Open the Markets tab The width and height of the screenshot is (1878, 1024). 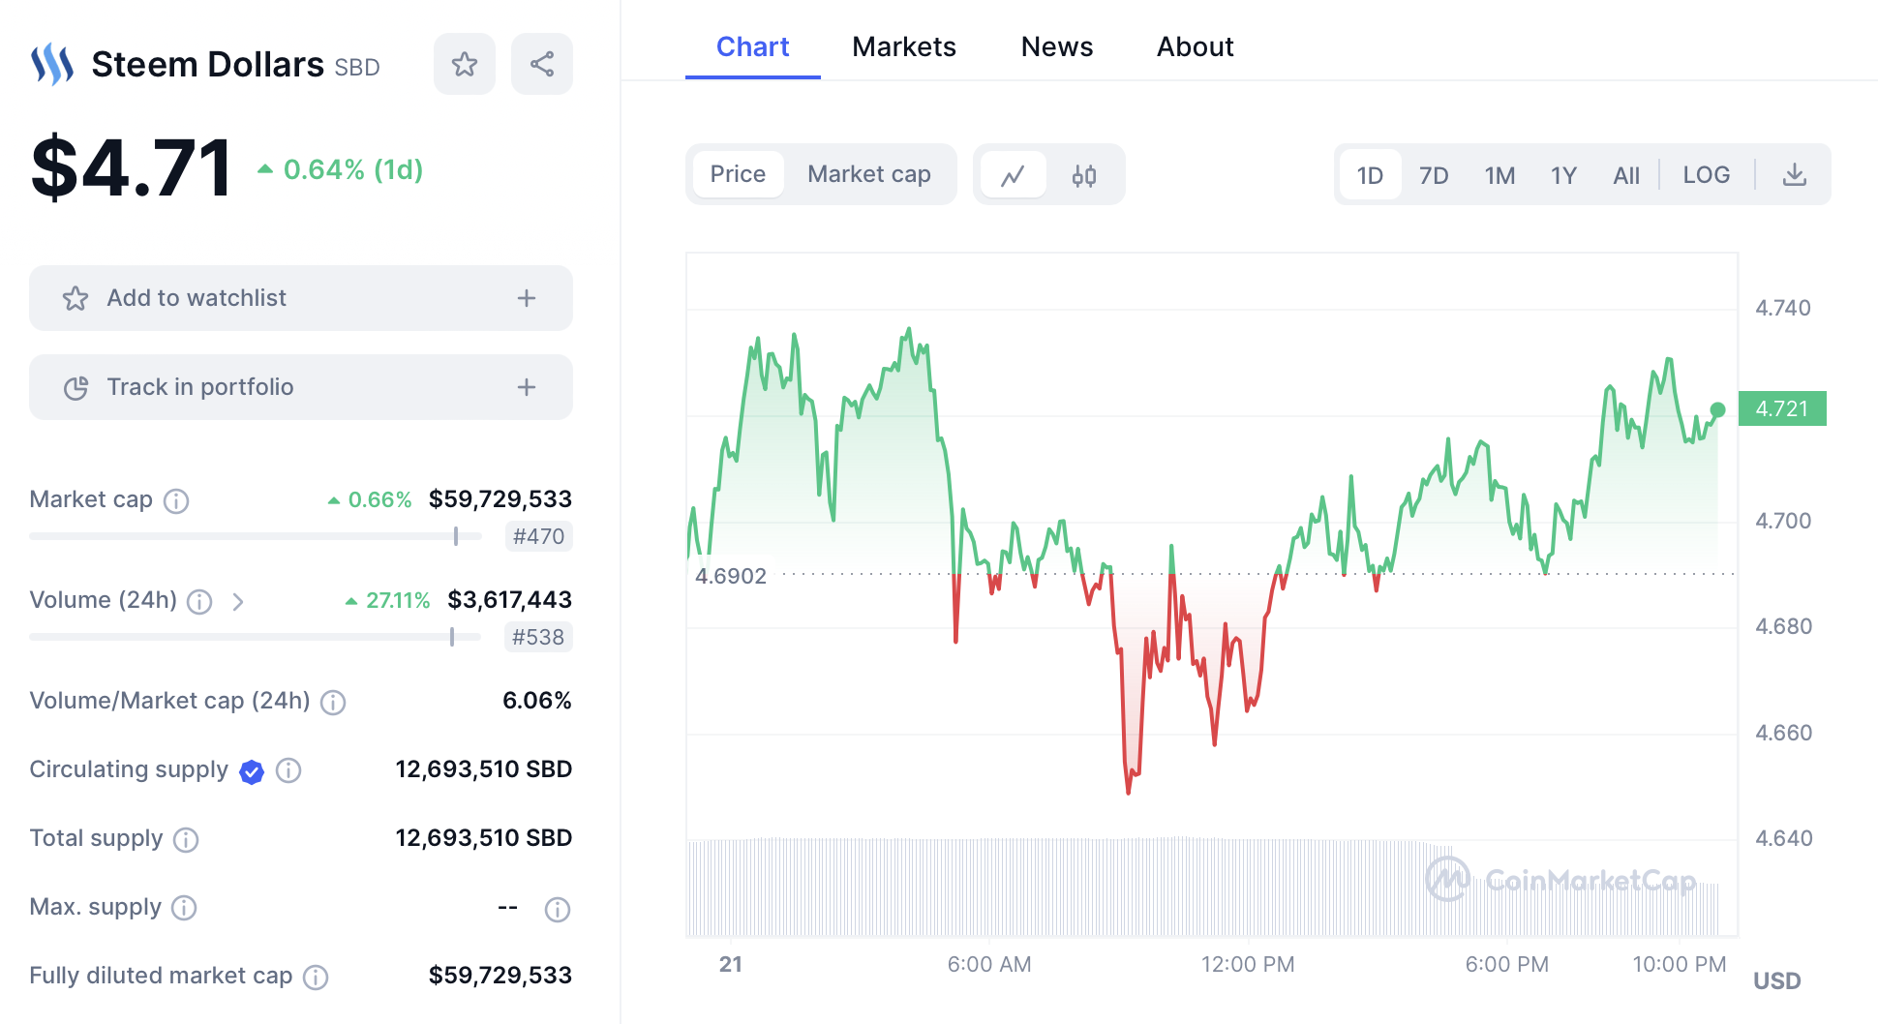[x=903, y=46]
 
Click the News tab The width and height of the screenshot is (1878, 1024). [x=1056, y=46]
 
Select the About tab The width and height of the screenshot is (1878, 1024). [x=1195, y=46]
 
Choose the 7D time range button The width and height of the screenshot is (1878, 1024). [x=1433, y=175]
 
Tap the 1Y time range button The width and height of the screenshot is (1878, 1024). [x=1563, y=175]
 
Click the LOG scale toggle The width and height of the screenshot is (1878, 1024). [x=1706, y=175]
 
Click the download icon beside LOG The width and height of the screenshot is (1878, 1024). [x=1794, y=175]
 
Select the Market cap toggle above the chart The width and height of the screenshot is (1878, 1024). [x=868, y=174]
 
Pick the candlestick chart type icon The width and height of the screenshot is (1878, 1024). [x=1083, y=175]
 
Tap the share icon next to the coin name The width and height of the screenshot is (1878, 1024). [x=541, y=64]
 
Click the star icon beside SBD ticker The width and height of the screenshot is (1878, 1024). [x=465, y=64]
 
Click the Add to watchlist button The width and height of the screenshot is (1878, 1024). [x=300, y=298]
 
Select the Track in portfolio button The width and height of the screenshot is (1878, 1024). [x=300, y=387]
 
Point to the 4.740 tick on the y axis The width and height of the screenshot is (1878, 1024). [x=1782, y=308]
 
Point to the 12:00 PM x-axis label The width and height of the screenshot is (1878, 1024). [x=1247, y=964]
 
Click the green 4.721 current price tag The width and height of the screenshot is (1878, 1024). [x=1781, y=408]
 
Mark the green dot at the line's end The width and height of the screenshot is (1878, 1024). [x=1717, y=410]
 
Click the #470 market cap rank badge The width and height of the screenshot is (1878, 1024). [x=538, y=536]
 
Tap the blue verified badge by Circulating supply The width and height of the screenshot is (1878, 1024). [x=252, y=771]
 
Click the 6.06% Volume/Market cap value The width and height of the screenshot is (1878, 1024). [x=536, y=701]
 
